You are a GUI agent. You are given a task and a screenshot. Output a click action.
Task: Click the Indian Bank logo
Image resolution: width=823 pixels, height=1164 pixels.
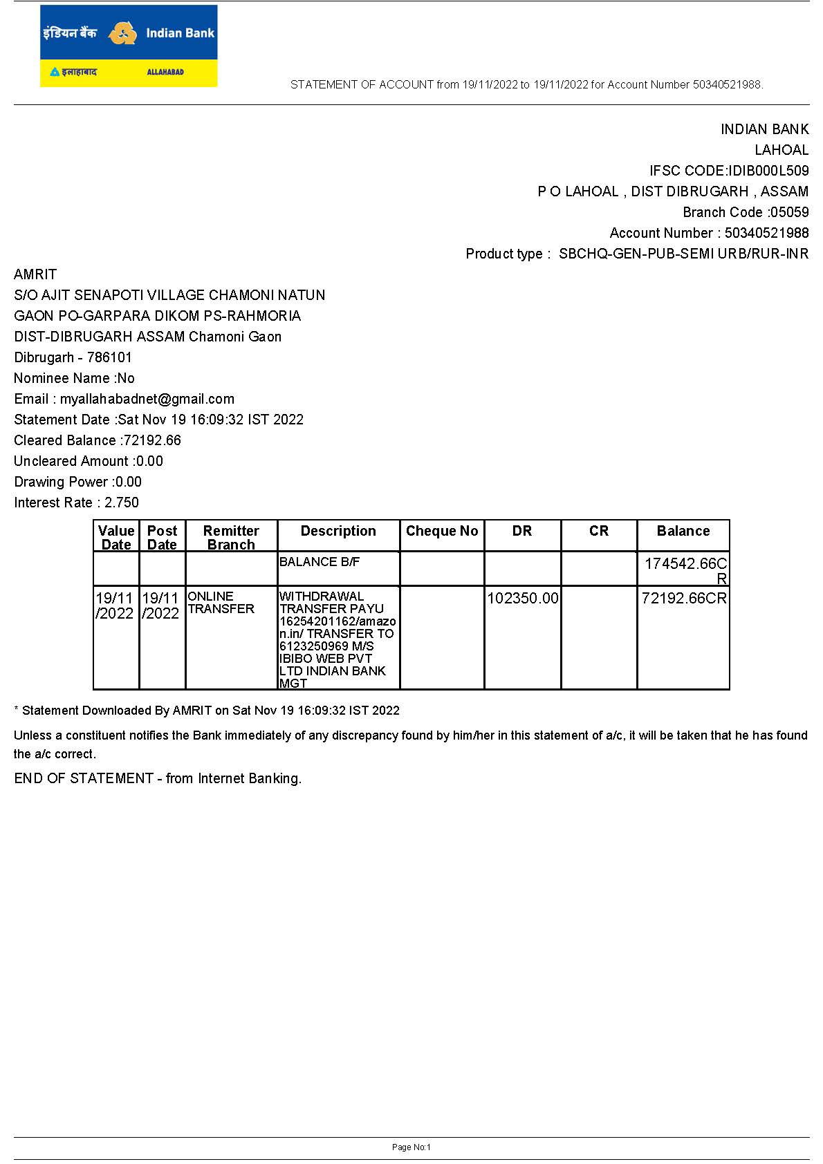click(129, 46)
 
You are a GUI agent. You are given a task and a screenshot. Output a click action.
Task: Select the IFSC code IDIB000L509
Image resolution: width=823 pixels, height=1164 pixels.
click(768, 171)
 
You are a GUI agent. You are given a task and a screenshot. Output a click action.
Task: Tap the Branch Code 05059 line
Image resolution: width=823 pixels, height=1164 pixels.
click(746, 212)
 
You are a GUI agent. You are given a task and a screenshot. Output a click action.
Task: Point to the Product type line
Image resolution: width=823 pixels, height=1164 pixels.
click(637, 254)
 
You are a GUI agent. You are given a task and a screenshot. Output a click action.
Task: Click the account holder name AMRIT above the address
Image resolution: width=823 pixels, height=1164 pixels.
click(35, 274)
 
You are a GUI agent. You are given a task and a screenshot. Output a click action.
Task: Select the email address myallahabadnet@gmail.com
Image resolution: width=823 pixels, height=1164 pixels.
click(147, 399)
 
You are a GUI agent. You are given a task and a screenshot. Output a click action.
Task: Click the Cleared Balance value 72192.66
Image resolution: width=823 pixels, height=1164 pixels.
click(152, 440)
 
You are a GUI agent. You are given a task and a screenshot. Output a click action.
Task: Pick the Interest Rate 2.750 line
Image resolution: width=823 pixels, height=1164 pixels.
click(76, 503)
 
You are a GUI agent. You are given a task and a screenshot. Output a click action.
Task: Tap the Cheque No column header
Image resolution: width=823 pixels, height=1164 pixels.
click(442, 531)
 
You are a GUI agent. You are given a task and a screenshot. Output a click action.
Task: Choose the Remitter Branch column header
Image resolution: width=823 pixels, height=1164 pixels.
click(231, 537)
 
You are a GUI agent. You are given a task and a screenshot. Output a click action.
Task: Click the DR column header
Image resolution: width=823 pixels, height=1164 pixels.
click(522, 531)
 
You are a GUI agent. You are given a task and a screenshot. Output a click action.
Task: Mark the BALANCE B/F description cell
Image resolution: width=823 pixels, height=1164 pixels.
click(320, 562)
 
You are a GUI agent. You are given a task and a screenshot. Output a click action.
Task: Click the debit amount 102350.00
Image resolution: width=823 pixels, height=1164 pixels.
click(523, 598)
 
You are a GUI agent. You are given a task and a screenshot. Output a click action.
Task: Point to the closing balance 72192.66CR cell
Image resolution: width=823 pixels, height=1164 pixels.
click(684, 598)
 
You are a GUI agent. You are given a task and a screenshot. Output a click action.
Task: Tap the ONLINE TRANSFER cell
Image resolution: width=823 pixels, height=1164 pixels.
click(221, 603)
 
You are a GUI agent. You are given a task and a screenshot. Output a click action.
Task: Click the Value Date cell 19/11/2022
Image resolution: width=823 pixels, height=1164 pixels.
click(115, 606)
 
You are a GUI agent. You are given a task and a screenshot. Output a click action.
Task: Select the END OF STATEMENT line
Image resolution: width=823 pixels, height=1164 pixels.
click(158, 778)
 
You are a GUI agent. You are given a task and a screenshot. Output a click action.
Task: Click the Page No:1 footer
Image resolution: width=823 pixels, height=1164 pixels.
click(411, 1147)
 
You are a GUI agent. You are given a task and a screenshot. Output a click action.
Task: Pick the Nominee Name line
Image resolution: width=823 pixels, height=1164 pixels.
click(74, 378)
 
